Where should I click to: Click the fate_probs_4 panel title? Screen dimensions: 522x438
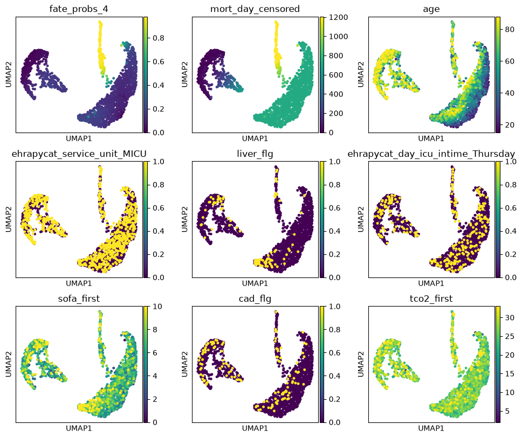click(x=79, y=9)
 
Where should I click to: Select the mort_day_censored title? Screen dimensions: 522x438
click(x=255, y=9)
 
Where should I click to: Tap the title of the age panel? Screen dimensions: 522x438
click(x=431, y=10)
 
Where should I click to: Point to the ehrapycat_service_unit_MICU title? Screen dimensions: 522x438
click(x=79, y=154)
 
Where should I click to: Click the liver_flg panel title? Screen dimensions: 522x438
click(x=255, y=154)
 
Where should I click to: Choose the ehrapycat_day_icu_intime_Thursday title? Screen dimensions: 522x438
click(x=431, y=154)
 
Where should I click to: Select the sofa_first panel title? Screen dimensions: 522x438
click(x=79, y=298)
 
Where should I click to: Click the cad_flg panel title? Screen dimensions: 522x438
click(x=255, y=298)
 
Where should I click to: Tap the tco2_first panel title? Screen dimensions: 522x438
click(x=431, y=298)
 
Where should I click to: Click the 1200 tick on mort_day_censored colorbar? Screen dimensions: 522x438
click(x=338, y=17)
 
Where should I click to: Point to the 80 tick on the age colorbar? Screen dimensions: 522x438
click(x=510, y=29)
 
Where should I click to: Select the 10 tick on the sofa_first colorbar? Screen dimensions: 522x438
click(x=157, y=307)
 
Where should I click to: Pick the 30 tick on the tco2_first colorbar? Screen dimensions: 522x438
click(x=510, y=318)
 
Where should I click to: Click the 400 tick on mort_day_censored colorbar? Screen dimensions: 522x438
click(x=336, y=94)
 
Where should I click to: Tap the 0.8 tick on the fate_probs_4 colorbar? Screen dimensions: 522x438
click(x=159, y=38)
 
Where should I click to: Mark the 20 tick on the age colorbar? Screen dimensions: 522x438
click(x=510, y=125)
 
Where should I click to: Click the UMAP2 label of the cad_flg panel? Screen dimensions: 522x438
click(x=184, y=364)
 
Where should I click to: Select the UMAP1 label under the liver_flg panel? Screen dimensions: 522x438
click(x=255, y=283)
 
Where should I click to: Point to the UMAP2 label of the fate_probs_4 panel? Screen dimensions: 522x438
click(x=8, y=74)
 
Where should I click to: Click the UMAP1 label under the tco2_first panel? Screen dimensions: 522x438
click(x=431, y=428)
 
